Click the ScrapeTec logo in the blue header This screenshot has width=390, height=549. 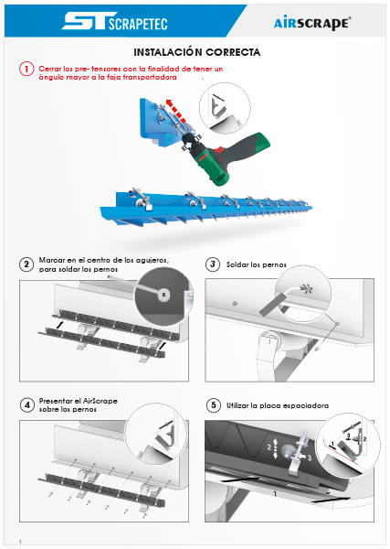(x=114, y=22)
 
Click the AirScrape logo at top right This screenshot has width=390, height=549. (x=312, y=23)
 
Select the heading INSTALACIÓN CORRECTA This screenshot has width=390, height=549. (x=197, y=52)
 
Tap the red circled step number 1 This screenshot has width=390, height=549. (x=26, y=69)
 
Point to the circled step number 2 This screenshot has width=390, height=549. (x=26, y=264)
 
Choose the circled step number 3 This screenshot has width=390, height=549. (x=213, y=264)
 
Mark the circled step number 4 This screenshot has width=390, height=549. (x=26, y=405)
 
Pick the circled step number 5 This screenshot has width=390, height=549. (x=214, y=405)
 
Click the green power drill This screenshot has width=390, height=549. (x=227, y=157)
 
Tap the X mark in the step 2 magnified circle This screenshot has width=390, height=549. (x=163, y=295)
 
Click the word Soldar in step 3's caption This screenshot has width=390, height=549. (x=236, y=264)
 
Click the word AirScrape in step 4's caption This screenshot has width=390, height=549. (x=100, y=401)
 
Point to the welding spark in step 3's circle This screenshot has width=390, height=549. (x=307, y=289)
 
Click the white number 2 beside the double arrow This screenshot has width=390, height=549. (x=269, y=447)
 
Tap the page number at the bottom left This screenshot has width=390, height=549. (x=20, y=542)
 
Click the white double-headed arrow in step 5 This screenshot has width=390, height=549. (x=276, y=448)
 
